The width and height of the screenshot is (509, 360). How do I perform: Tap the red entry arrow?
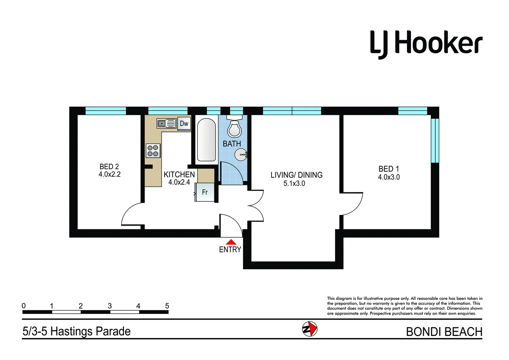click(231, 242)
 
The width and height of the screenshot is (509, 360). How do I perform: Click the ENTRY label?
click(230, 249)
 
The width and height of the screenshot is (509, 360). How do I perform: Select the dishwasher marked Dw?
click(184, 124)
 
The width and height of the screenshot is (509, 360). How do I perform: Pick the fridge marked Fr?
click(205, 192)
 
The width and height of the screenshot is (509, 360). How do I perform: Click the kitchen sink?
click(166, 124)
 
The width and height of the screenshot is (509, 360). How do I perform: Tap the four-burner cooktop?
click(153, 151)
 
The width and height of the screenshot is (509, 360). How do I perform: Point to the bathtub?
click(206, 140)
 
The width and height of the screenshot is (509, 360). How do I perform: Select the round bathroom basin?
click(241, 155)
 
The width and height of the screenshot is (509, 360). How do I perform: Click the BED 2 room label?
click(109, 166)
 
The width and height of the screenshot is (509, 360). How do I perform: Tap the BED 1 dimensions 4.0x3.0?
click(389, 177)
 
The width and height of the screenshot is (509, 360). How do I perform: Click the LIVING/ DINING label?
click(296, 175)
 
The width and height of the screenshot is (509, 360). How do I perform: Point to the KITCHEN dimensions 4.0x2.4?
click(179, 182)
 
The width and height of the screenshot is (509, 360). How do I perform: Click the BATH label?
click(232, 144)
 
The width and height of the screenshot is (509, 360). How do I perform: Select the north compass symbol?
click(309, 329)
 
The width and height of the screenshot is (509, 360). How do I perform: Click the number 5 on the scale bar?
click(167, 306)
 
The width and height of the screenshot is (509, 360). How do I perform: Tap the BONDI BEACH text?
click(444, 332)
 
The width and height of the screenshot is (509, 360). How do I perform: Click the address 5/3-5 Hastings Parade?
click(77, 331)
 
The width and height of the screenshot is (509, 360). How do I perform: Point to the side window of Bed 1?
click(435, 140)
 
